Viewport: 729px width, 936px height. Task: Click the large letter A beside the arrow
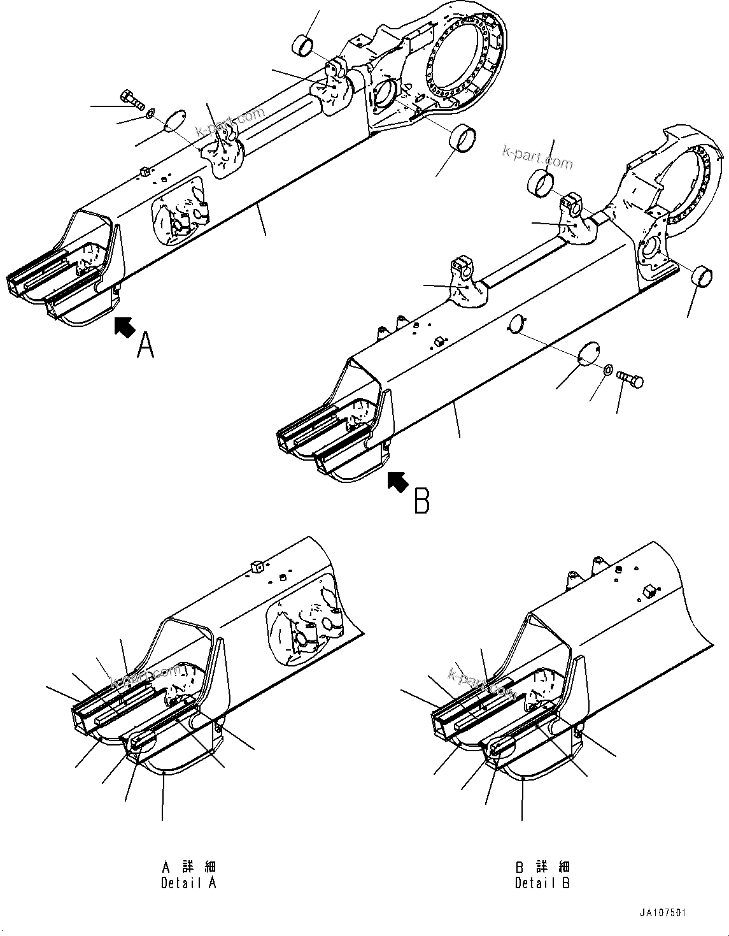pyautogui.click(x=146, y=345)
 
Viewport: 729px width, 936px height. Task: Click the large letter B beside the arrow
pyautogui.click(x=421, y=500)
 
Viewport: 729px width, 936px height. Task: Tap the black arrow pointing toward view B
pyautogui.click(x=399, y=482)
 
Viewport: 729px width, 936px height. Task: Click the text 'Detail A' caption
pyautogui.click(x=188, y=883)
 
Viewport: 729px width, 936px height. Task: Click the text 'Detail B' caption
pyautogui.click(x=542, y=883)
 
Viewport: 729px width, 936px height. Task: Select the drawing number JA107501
pyautogui.click(x=663, y=913)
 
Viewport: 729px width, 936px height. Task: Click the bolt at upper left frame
pyautogui.click(x=132, y=99)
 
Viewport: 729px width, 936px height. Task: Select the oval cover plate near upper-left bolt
pyautogui.click(x=173, y=120)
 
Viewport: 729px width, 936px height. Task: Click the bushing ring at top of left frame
pyautogui.click(x=304, y=46)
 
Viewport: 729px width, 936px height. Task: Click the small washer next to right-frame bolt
pyautogui.click(x=608, y=370)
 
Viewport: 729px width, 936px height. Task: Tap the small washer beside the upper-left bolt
pyautogui.click(x=150, y=113)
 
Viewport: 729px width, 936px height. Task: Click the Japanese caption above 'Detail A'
pyautogui.click(x=188, y=867)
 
